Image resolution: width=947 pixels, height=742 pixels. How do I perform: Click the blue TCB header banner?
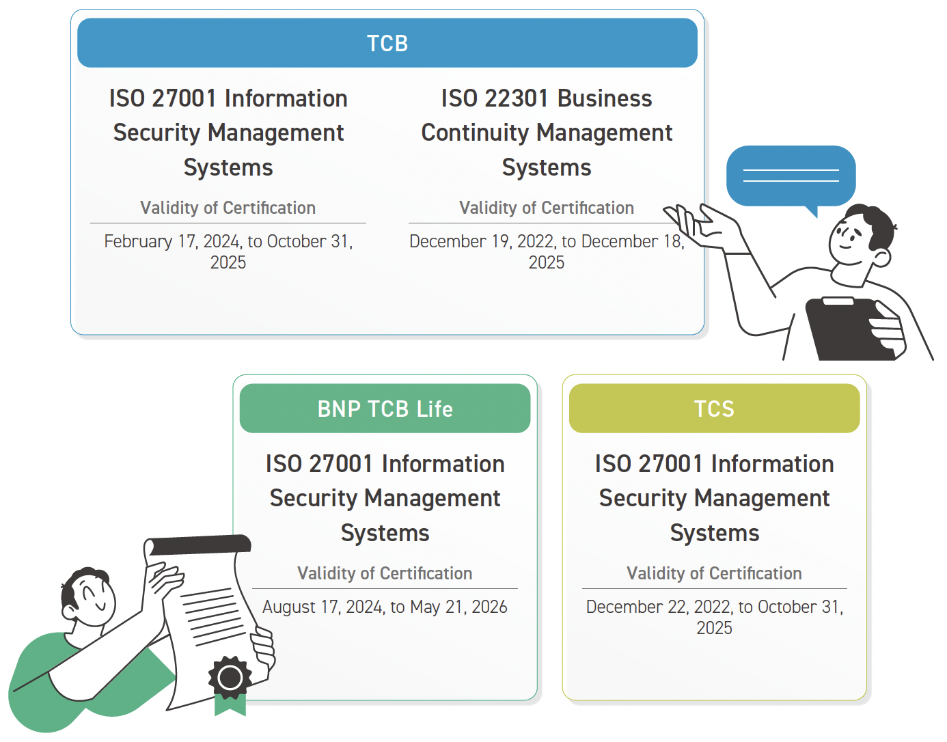coord(387,42)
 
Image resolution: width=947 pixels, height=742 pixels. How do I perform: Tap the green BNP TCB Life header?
coord(385,409)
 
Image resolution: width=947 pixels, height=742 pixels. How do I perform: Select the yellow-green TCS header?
coord(714,409)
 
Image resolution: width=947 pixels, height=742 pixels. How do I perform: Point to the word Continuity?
coord(475,133)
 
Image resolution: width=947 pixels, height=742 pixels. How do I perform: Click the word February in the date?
coord(138,242)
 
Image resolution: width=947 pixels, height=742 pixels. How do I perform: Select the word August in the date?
coord(288,607)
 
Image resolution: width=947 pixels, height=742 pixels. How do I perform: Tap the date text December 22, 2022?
coord(659,607)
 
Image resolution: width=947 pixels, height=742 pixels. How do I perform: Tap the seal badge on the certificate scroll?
coord(230,678)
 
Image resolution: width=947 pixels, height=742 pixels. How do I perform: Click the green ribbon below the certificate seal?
coord(230,705)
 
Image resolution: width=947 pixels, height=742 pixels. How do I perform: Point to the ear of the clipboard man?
coord(881,258)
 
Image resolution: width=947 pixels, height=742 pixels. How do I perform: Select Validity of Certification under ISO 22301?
coord(547,208)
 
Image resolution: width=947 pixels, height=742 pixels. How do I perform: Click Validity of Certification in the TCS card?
coord(714,573)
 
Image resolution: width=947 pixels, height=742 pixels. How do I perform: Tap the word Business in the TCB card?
coord(605,98)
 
